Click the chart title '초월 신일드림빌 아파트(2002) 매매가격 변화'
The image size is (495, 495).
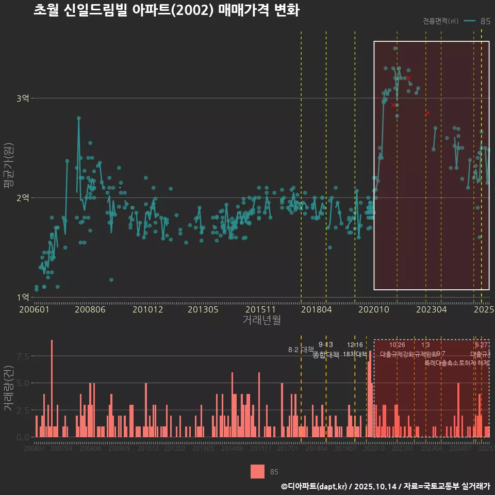166,10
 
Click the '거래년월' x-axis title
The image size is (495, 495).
261,320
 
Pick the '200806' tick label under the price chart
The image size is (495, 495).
90,310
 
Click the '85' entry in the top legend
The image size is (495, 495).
485,21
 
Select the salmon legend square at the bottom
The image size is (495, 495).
257,471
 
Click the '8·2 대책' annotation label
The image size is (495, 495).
301,350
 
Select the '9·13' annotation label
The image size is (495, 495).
326,344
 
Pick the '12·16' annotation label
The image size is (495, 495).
355,344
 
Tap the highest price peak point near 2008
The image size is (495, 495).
79,118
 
